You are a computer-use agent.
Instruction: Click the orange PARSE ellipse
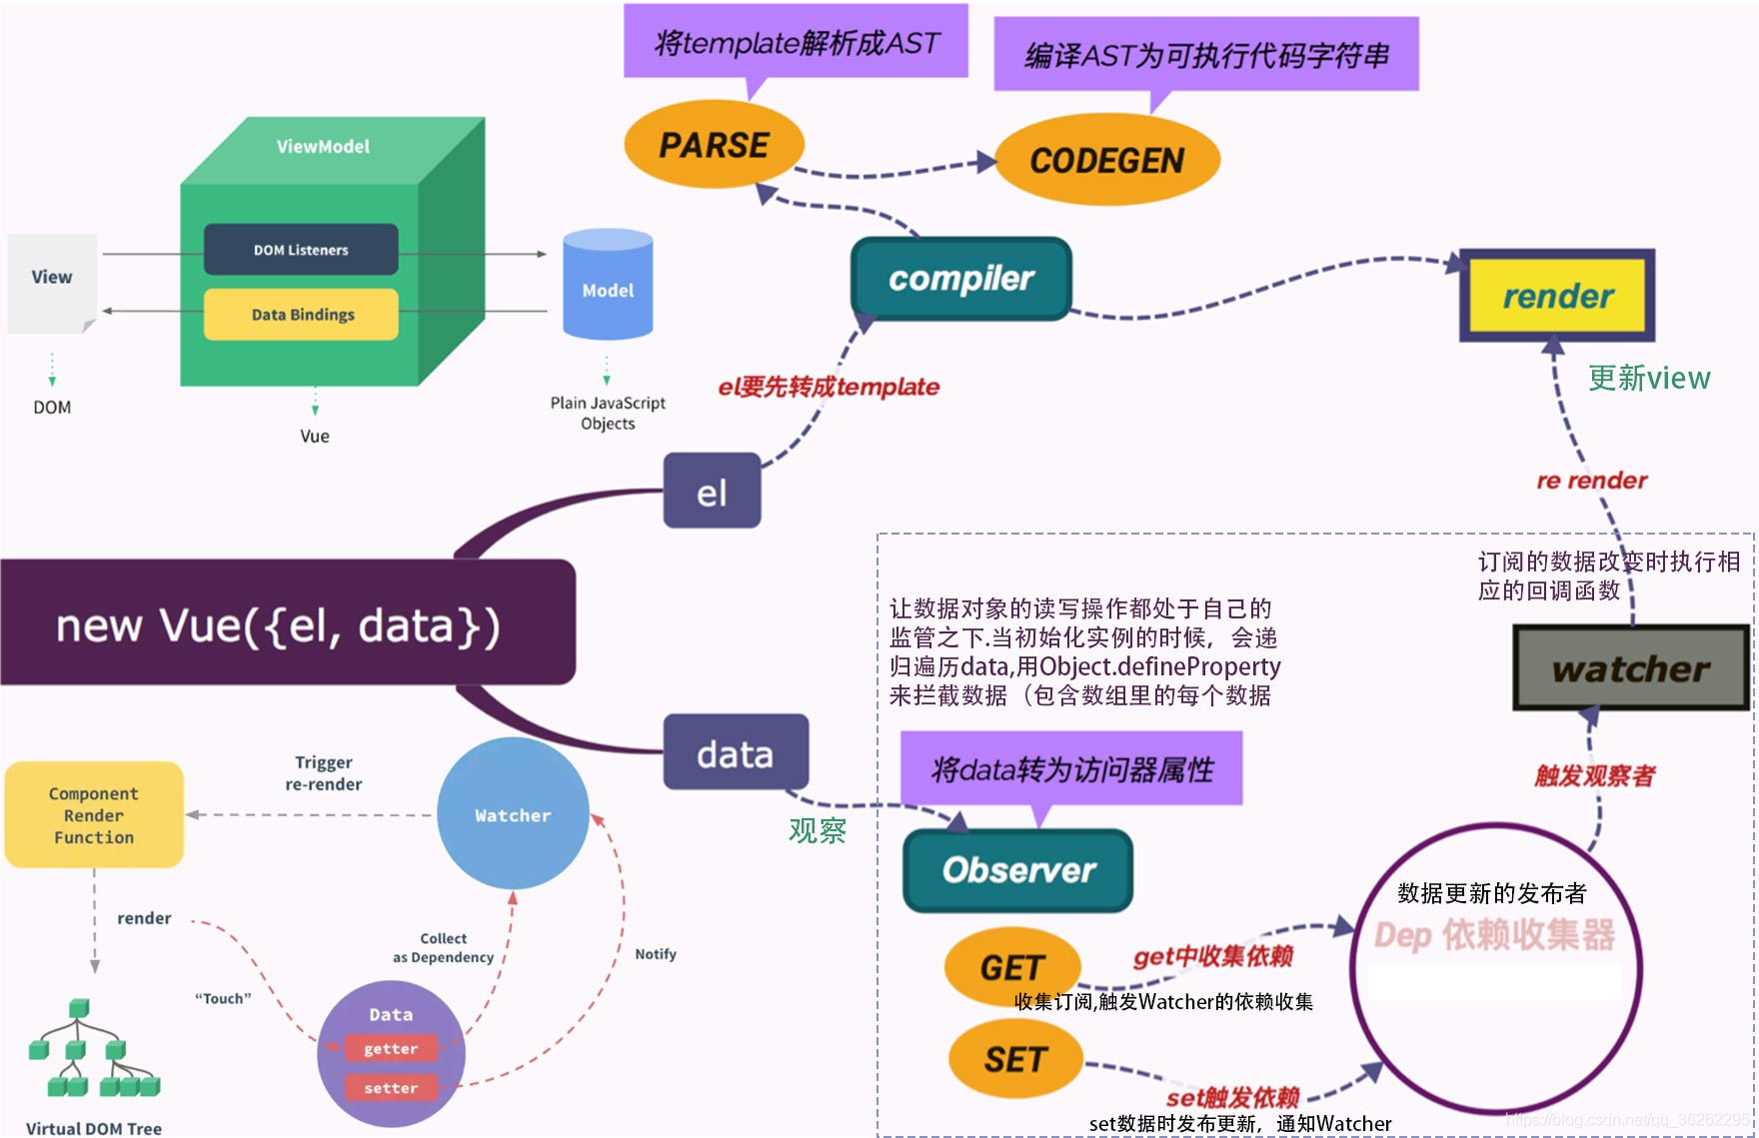point(714,145)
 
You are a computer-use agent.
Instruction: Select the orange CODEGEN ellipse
point(1107,160)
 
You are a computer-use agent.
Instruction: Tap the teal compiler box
point(960,279)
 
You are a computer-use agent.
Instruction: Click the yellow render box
point(1557,296)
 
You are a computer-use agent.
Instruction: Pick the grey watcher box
point(1630,668)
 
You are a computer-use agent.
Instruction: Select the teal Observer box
point(1017,870)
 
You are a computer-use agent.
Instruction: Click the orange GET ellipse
point(1011,966)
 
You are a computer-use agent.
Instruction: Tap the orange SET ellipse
point(1014,1059)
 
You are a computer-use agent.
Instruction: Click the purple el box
point(712,492)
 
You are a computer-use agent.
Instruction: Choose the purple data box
point(736,753)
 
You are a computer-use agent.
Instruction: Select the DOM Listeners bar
point(301,250)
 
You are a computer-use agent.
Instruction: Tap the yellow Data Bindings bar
point(302,315)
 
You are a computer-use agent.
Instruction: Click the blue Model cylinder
point(608,288)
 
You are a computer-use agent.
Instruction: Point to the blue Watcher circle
point(513,814)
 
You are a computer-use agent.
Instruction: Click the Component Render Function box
point(94,815)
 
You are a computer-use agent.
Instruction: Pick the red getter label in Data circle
point(391,1048)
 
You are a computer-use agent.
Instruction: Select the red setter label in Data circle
point(391,1088)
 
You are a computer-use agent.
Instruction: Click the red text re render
point(1591,481)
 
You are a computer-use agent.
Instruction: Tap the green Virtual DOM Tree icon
point(92,1049)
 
